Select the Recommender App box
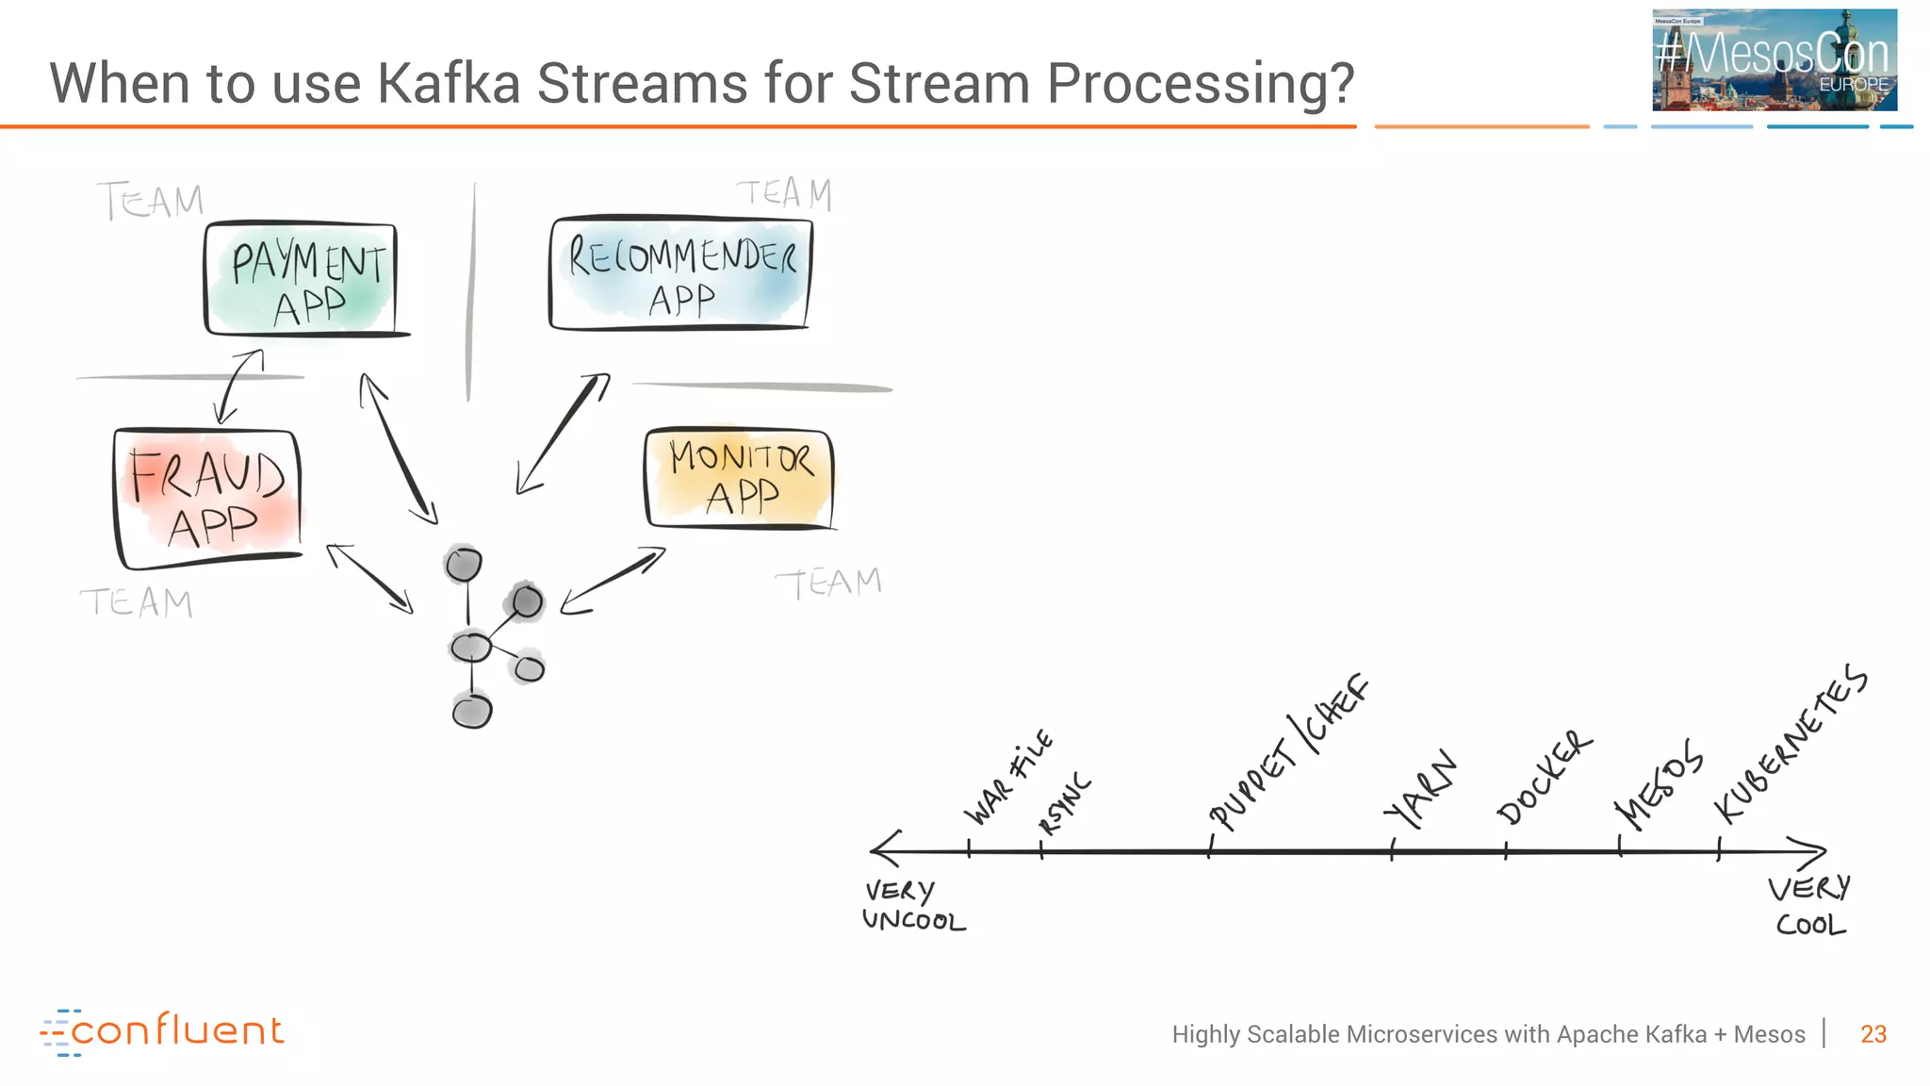(680, 274)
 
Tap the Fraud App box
(208, 499)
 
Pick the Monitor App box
(740, 479)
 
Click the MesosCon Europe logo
(1774, 60)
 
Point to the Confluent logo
(162, 1032)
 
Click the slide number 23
(1873, 1034)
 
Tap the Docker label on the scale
(1545, 778)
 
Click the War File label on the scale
(1006, 777)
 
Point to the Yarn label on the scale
(1421, 790)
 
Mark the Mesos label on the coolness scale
(1659, 784)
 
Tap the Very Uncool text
(912, 906)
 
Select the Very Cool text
(1809, 906)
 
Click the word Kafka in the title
(449, 83)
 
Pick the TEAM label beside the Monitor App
(827, 584)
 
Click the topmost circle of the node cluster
(463, 565)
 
